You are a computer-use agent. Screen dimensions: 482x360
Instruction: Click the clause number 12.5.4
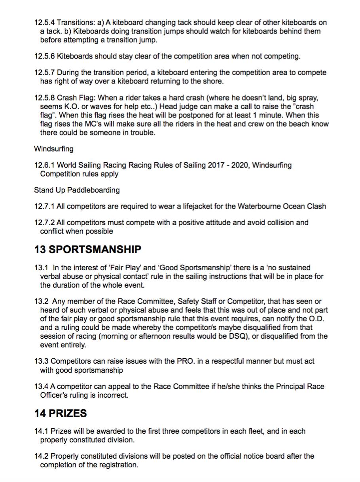45,23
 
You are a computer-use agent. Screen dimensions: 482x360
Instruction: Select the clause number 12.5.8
45,98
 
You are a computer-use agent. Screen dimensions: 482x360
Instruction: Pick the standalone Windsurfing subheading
53,149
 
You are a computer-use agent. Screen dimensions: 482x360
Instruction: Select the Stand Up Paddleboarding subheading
77,190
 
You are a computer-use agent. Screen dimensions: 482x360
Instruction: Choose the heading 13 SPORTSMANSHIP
87,249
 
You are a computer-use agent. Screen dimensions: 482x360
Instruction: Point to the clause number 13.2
41,302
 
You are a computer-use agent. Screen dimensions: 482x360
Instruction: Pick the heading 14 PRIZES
60,414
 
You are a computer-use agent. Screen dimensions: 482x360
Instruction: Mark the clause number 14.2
41,456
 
